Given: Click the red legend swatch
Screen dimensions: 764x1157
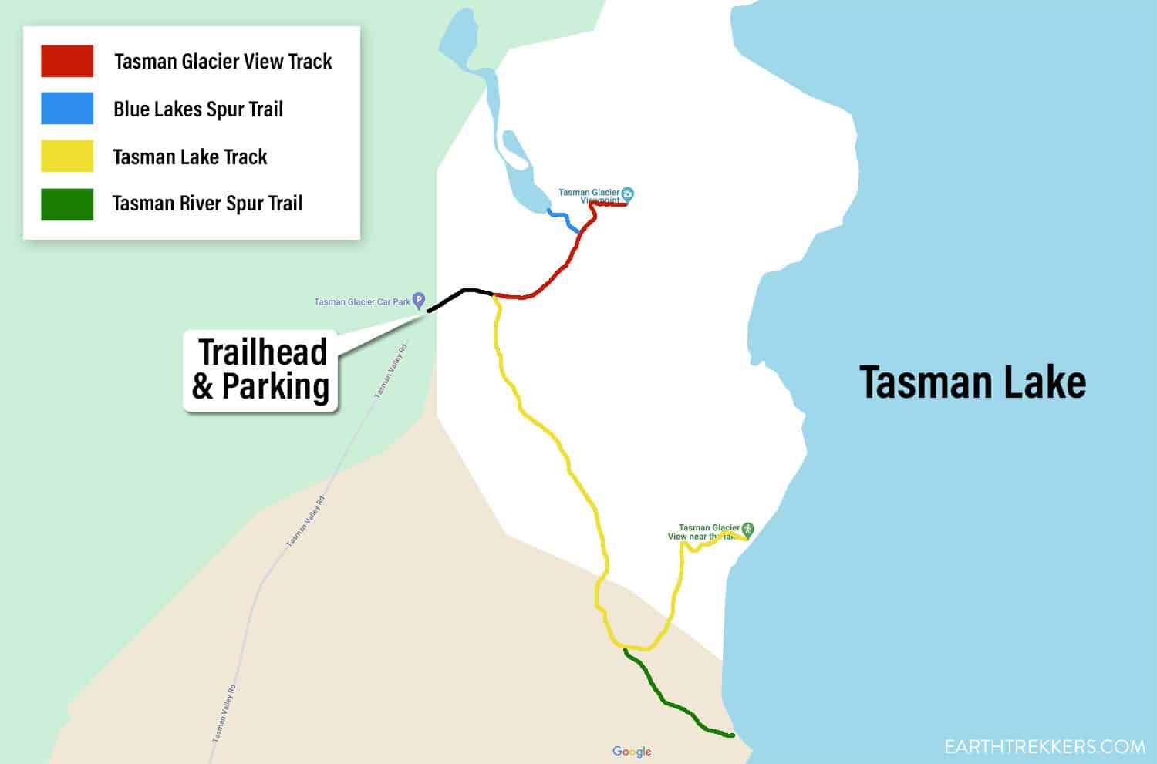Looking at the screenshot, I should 67,61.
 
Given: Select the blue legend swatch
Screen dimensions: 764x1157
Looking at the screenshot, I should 67,109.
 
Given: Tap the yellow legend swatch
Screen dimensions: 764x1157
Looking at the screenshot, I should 67,157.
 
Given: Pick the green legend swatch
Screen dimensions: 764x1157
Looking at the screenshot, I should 67,204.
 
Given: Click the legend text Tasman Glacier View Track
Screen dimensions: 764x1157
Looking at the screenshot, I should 223,62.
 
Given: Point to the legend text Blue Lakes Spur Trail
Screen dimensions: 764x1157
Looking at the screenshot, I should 198,109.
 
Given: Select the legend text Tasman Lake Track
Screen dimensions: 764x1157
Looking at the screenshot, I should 190,157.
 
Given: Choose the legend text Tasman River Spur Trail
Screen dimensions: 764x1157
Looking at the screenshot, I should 207,204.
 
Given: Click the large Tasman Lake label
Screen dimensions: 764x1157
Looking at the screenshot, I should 973,382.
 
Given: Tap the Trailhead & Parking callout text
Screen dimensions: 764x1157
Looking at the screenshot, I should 261,369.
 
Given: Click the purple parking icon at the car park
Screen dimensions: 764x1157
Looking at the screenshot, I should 419,299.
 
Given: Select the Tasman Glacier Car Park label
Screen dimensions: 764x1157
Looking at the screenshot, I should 362,301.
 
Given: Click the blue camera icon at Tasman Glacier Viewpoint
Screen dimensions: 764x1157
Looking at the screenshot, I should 628,193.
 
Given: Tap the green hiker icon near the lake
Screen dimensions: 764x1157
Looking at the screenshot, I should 747,530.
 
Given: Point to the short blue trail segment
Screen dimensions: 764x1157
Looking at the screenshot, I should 564,220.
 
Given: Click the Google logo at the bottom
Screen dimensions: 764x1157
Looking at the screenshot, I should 632,752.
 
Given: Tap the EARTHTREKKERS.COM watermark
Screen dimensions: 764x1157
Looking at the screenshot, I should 1045,746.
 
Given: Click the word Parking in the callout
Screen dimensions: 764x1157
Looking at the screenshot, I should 275,386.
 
